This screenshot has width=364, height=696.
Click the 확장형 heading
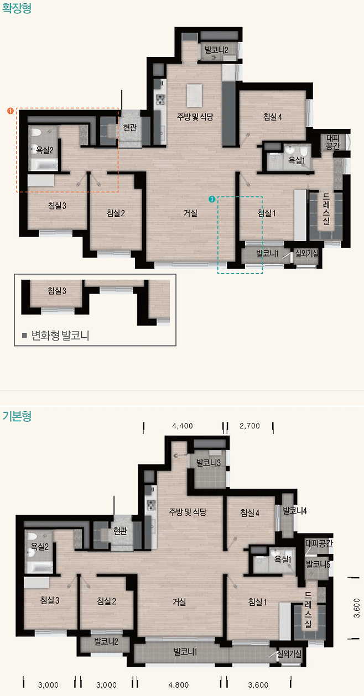[x=17, y=8]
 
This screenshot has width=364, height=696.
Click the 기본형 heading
[x=17, y=416]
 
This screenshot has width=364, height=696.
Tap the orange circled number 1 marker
[x=11, y=111]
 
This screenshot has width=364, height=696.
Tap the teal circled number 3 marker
[x=212, y=199]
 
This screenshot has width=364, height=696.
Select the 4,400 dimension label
[x=183, y=426]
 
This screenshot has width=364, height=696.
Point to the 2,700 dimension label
[x=249, y=426]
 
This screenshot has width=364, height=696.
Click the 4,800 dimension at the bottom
[x=179, y=685]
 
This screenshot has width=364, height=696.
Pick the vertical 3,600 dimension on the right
[x=357, y=609]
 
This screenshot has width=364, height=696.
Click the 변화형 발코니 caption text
[x=60, y=336]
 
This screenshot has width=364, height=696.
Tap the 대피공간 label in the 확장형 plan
[x=333, y=142]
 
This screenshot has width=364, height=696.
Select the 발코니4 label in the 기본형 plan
[x=295, y=511]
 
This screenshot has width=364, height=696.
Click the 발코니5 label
[x=318, y=564]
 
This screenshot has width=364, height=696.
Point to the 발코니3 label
[x=209, y=463]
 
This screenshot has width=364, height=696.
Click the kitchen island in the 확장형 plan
[x=195, y=96]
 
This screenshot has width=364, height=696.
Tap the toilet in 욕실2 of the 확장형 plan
[x=35, y=132]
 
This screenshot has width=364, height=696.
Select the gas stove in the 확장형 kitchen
[x=160, y=100]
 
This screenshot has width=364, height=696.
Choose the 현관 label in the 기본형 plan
[x=120, y=531]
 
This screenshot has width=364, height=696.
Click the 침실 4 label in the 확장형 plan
[x=272, y=117]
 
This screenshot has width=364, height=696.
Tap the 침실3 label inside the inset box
[x=57, y=291]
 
